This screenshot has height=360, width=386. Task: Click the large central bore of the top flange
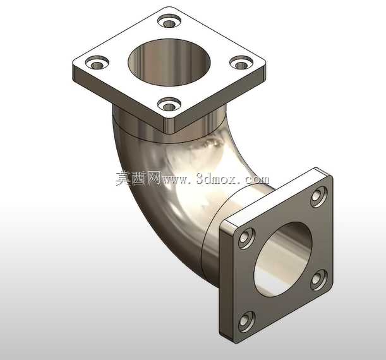169,63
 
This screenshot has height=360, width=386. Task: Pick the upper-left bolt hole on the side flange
246,238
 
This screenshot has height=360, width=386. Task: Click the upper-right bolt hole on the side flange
319,196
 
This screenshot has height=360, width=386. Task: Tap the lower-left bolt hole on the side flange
246,321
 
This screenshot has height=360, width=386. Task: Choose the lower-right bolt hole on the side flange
319,280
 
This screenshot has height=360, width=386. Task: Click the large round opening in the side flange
283,260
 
